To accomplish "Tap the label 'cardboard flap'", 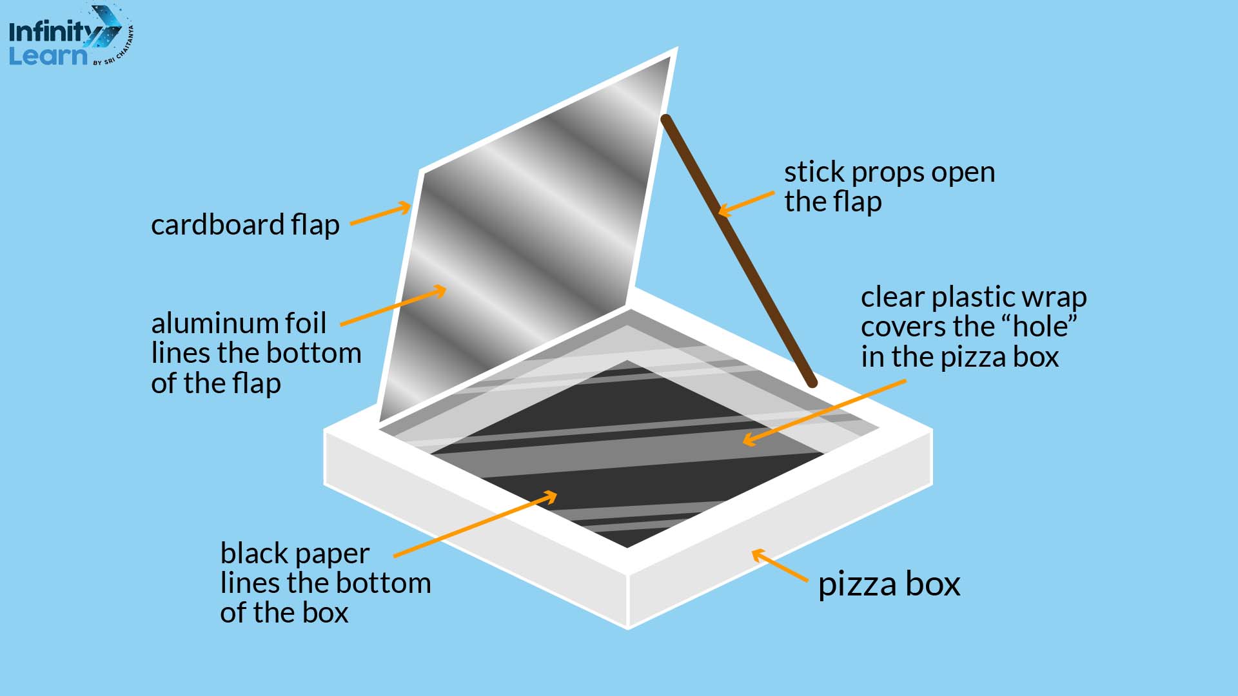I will pos(245,225).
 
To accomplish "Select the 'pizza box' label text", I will pos(889,584).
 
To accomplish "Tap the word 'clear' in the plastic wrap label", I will pos(893,297).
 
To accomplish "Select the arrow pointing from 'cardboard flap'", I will pos(380,215).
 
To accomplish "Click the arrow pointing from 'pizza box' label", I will pos(780,565).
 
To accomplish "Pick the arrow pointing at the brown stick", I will pos(746,202).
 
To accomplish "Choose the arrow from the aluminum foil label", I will pos(393,307).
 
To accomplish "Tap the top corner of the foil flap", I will pos(674,52).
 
